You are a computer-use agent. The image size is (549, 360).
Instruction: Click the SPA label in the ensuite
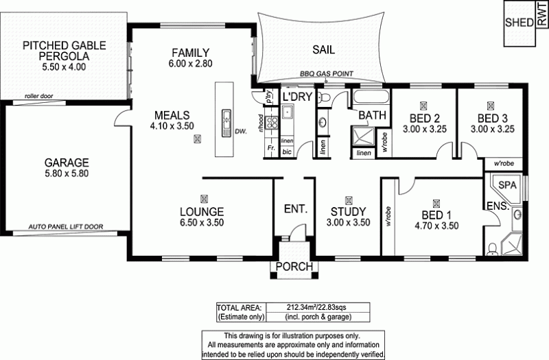[x=507, y=185]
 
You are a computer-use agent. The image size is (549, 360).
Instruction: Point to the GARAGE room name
[x=67, y=163]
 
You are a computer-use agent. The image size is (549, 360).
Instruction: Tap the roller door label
[x=39, y=97]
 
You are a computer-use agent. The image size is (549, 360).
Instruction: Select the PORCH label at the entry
[x=294, y=267]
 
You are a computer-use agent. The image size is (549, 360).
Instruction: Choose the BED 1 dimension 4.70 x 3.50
[x=434, y=226]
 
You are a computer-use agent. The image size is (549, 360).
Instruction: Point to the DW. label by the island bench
[x=240, y=130]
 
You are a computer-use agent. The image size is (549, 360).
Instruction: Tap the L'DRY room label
[x=298, y=96]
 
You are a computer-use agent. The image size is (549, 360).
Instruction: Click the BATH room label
[x=372, y=115]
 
